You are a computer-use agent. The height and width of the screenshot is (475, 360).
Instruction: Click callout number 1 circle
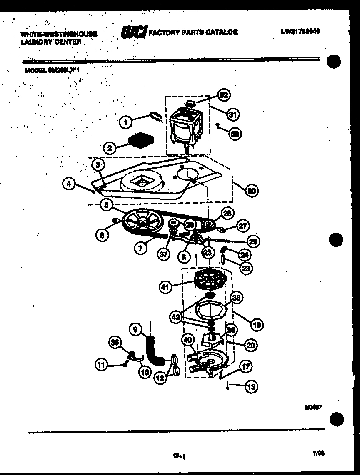coord(125,122)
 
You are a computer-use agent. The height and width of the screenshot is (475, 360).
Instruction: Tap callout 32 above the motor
coord(224,95)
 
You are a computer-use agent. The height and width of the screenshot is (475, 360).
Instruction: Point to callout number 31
coord(234,114)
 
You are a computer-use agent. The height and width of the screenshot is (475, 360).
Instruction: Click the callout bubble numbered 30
coord(252,191)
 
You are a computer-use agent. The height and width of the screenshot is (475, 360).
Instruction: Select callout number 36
coord(115,342)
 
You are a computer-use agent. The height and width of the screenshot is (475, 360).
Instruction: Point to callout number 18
coord(257,325)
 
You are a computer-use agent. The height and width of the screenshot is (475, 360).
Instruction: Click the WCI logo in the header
coord(133,32)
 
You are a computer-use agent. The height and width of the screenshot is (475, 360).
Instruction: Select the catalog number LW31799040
coord(300,31)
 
